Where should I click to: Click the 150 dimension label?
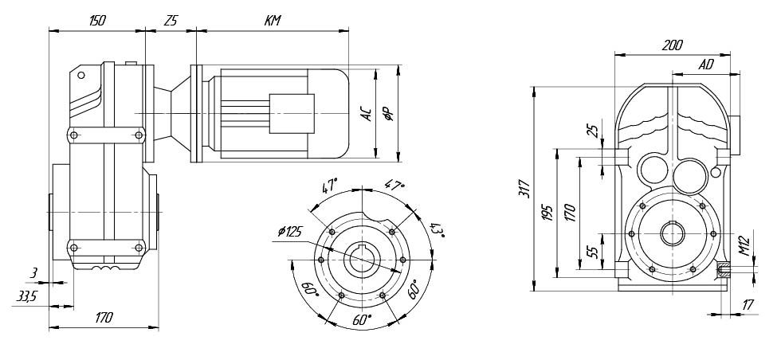[x=97, y=21]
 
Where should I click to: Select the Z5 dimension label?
[x=171, y=21]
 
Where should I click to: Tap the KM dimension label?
[x=273, y=21]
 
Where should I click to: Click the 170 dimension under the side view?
[x=104, y=317]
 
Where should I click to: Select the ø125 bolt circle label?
[x=291, y=231]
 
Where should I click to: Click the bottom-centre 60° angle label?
[x=362, y=319]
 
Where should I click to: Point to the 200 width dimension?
[x=673, y=45]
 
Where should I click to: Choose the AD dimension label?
[x=706, y=65]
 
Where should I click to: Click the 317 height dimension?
[x=524, y=188]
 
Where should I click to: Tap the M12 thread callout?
[x=744, y=245]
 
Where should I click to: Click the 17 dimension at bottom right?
[x=748, y=305]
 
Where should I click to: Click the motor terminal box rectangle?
[x=292, y=114]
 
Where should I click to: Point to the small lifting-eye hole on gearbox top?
[x=81, y=75]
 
